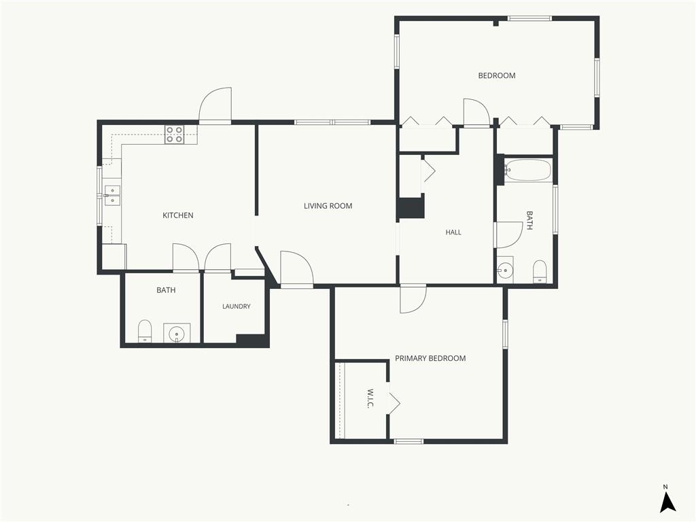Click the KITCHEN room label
(x=178, y=215)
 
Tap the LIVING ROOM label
(x=328, y=206)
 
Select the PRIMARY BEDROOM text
(x=430, y=358)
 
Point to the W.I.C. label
(x=370, y=398)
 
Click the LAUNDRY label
(x=237, y=307)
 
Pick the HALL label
(x=453, y=232)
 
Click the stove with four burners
(x=175, y=135)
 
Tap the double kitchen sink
(x=112, y=195)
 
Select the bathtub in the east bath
(x=528, y=170)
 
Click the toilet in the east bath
(x=540, y=271)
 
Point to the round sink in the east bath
(x=505, y=269)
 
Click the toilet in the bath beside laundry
(x=145, y=331)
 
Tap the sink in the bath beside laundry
(x=177, y=333)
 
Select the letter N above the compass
(x=665, y=487)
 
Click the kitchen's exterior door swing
(x=215, y=105)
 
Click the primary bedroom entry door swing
(x=413, y=300)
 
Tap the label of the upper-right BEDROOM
(x=497, y=75)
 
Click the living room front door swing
(x=297, y=268)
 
